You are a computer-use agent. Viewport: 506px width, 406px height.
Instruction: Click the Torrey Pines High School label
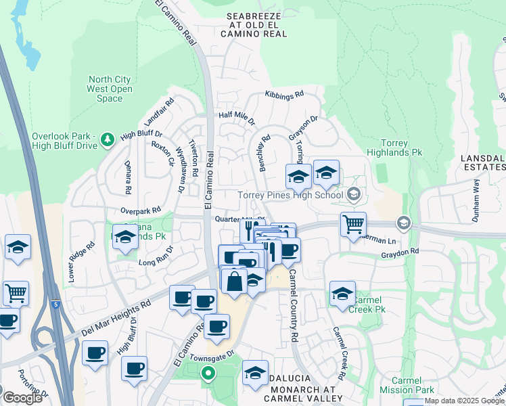(291, 196)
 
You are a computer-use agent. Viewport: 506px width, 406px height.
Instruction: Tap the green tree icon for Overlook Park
(107, 139)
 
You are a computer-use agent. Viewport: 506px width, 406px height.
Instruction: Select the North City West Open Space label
(110, 89)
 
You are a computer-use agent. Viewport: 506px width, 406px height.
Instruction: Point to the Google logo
(22, 397)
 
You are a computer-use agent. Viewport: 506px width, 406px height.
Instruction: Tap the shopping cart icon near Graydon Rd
(353, 224)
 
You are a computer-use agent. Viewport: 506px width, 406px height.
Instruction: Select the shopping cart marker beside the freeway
(16, 294)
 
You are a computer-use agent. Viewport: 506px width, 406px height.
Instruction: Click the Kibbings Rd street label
(284, 95)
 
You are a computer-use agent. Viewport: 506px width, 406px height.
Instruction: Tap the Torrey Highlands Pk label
(393, 148)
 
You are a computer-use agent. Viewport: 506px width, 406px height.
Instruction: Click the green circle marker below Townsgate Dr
(208, 373)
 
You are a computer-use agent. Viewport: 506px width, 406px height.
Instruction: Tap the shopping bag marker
(234, 281)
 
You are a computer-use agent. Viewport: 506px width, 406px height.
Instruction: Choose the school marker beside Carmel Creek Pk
(342, 294)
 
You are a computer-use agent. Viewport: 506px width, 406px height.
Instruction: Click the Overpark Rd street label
(141, 211)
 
